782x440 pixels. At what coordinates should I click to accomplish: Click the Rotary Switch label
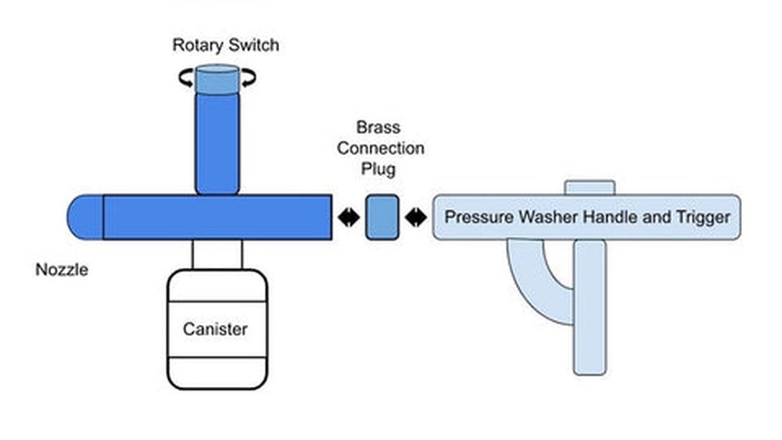[225, 45]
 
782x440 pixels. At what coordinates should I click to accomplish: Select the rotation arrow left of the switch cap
[185, 77]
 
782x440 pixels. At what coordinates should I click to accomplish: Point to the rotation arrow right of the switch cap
[249, 77]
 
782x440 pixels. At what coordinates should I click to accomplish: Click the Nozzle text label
[62, 270]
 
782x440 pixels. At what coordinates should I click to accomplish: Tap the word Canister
[215, 329]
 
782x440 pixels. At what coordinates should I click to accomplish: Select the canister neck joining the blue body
[217, 254]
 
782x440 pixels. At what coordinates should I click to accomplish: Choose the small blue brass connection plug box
[382, 217]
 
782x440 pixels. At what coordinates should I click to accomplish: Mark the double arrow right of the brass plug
[416, 217]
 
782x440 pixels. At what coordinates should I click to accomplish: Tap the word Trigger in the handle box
[701, 216]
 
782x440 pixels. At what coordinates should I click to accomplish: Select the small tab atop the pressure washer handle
[590, 188]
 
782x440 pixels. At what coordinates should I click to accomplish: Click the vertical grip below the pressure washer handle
[589, 309]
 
